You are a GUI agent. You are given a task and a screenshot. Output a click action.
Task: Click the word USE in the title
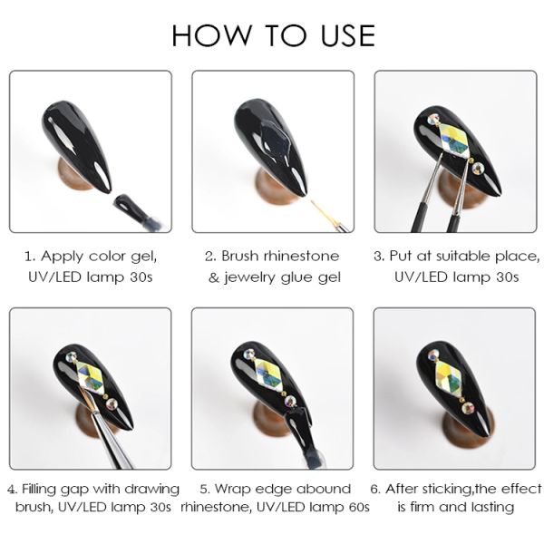(x=348, y=35)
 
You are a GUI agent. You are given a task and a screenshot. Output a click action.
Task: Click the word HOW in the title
(x=211, y=35)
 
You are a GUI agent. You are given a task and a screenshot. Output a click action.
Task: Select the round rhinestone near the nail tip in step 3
(x=478, y=169)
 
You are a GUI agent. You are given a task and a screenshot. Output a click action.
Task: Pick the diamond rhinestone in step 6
(x=449, y=377)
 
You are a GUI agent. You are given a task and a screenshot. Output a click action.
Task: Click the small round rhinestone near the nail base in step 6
(x=432, y=355)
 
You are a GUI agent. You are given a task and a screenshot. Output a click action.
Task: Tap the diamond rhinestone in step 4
(x=91, y=377)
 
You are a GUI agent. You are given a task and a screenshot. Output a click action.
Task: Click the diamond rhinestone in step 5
(x=270, y=375)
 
